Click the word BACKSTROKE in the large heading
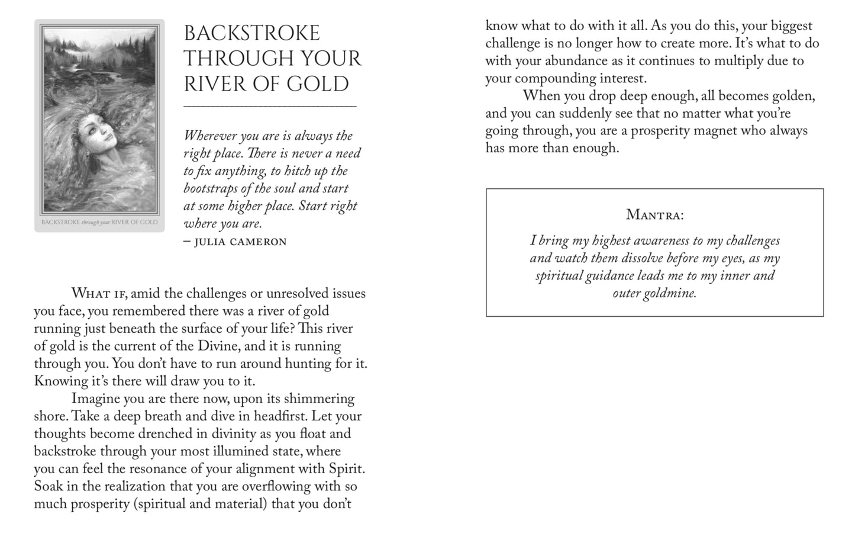(x=251, y=33)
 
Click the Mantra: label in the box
(x=654, y=214)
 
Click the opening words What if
(x=98, y=294)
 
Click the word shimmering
(x=320, y=399)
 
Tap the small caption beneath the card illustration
(x=99, y=223)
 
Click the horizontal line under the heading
(x=270, y=107)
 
